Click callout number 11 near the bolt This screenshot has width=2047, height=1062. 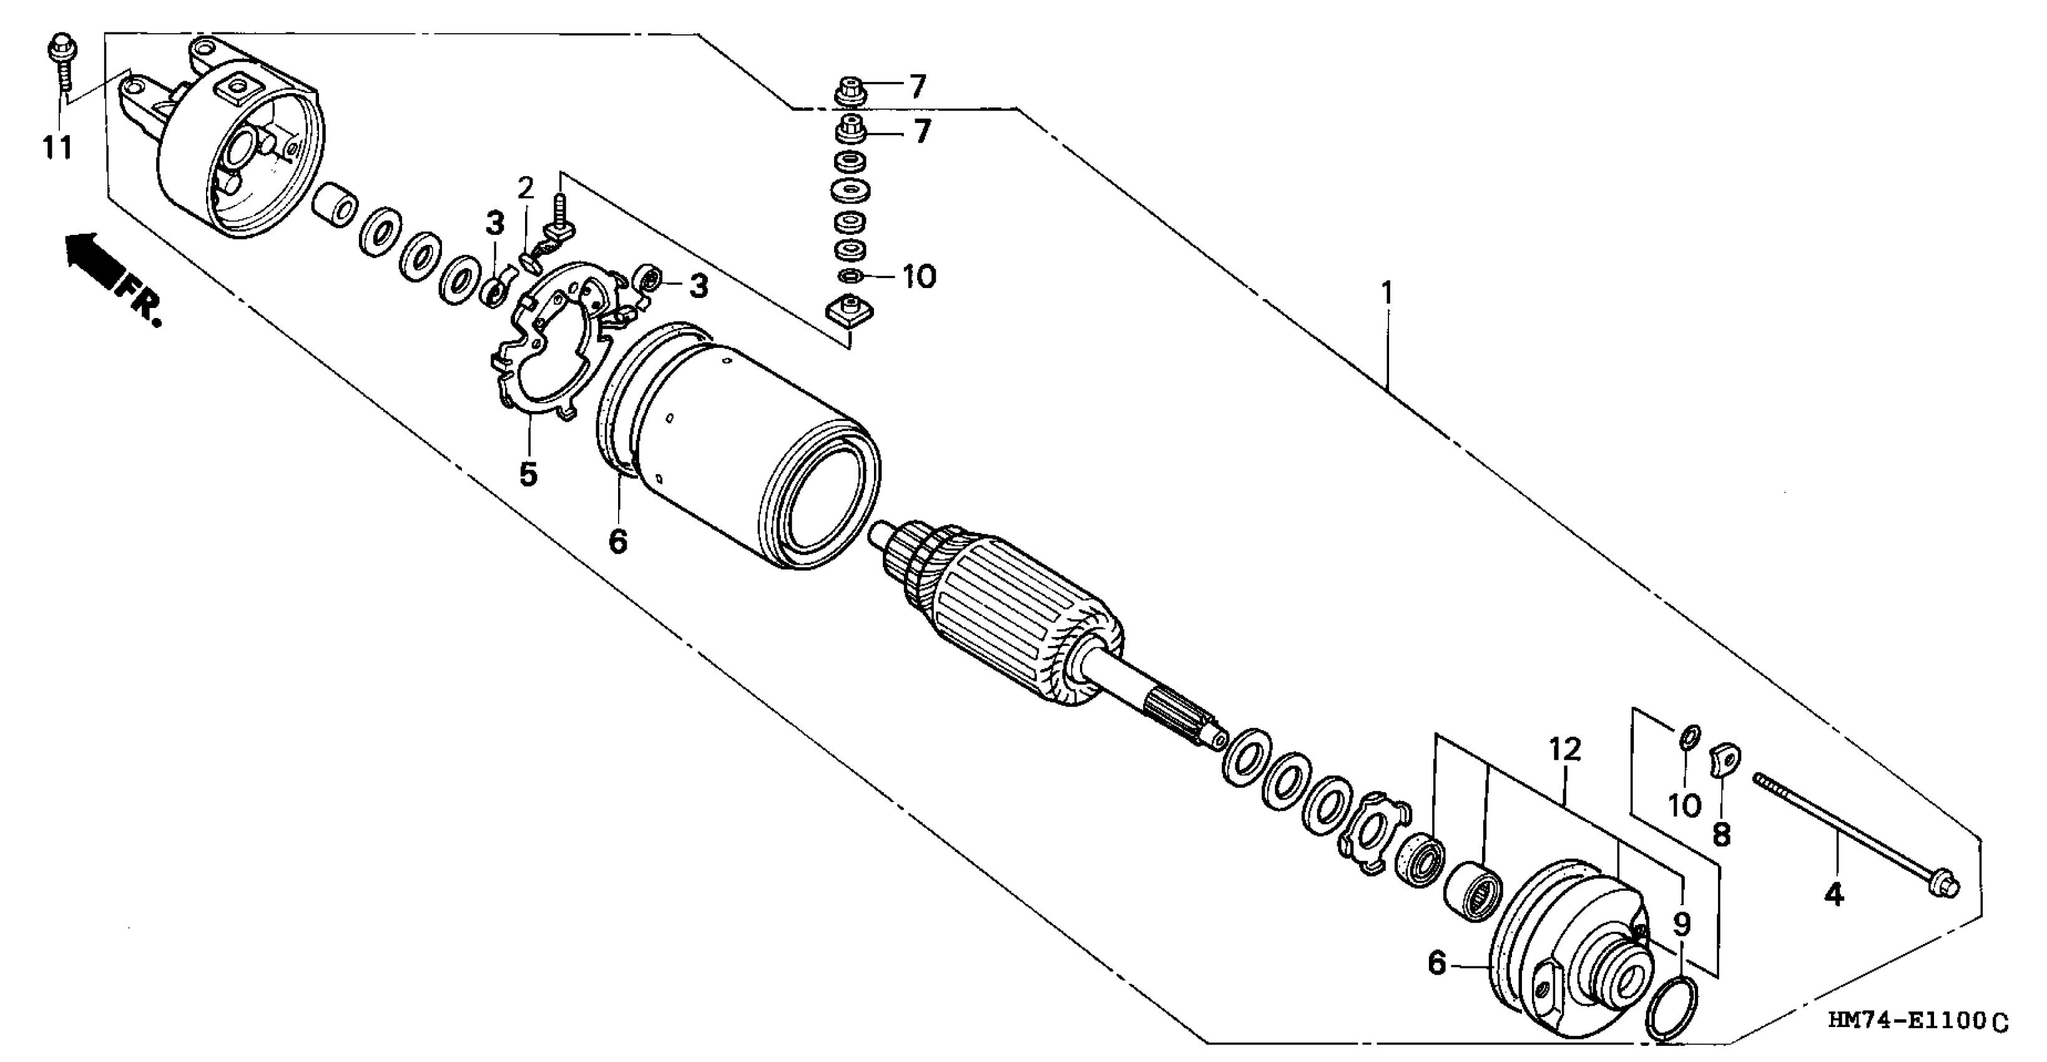point(57,148)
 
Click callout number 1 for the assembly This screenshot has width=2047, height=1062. point(1386,294)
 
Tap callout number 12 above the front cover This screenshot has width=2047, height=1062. point(1564,750)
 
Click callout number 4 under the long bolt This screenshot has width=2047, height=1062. point(1833,895)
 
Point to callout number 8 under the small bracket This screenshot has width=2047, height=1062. point(1721,835)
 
